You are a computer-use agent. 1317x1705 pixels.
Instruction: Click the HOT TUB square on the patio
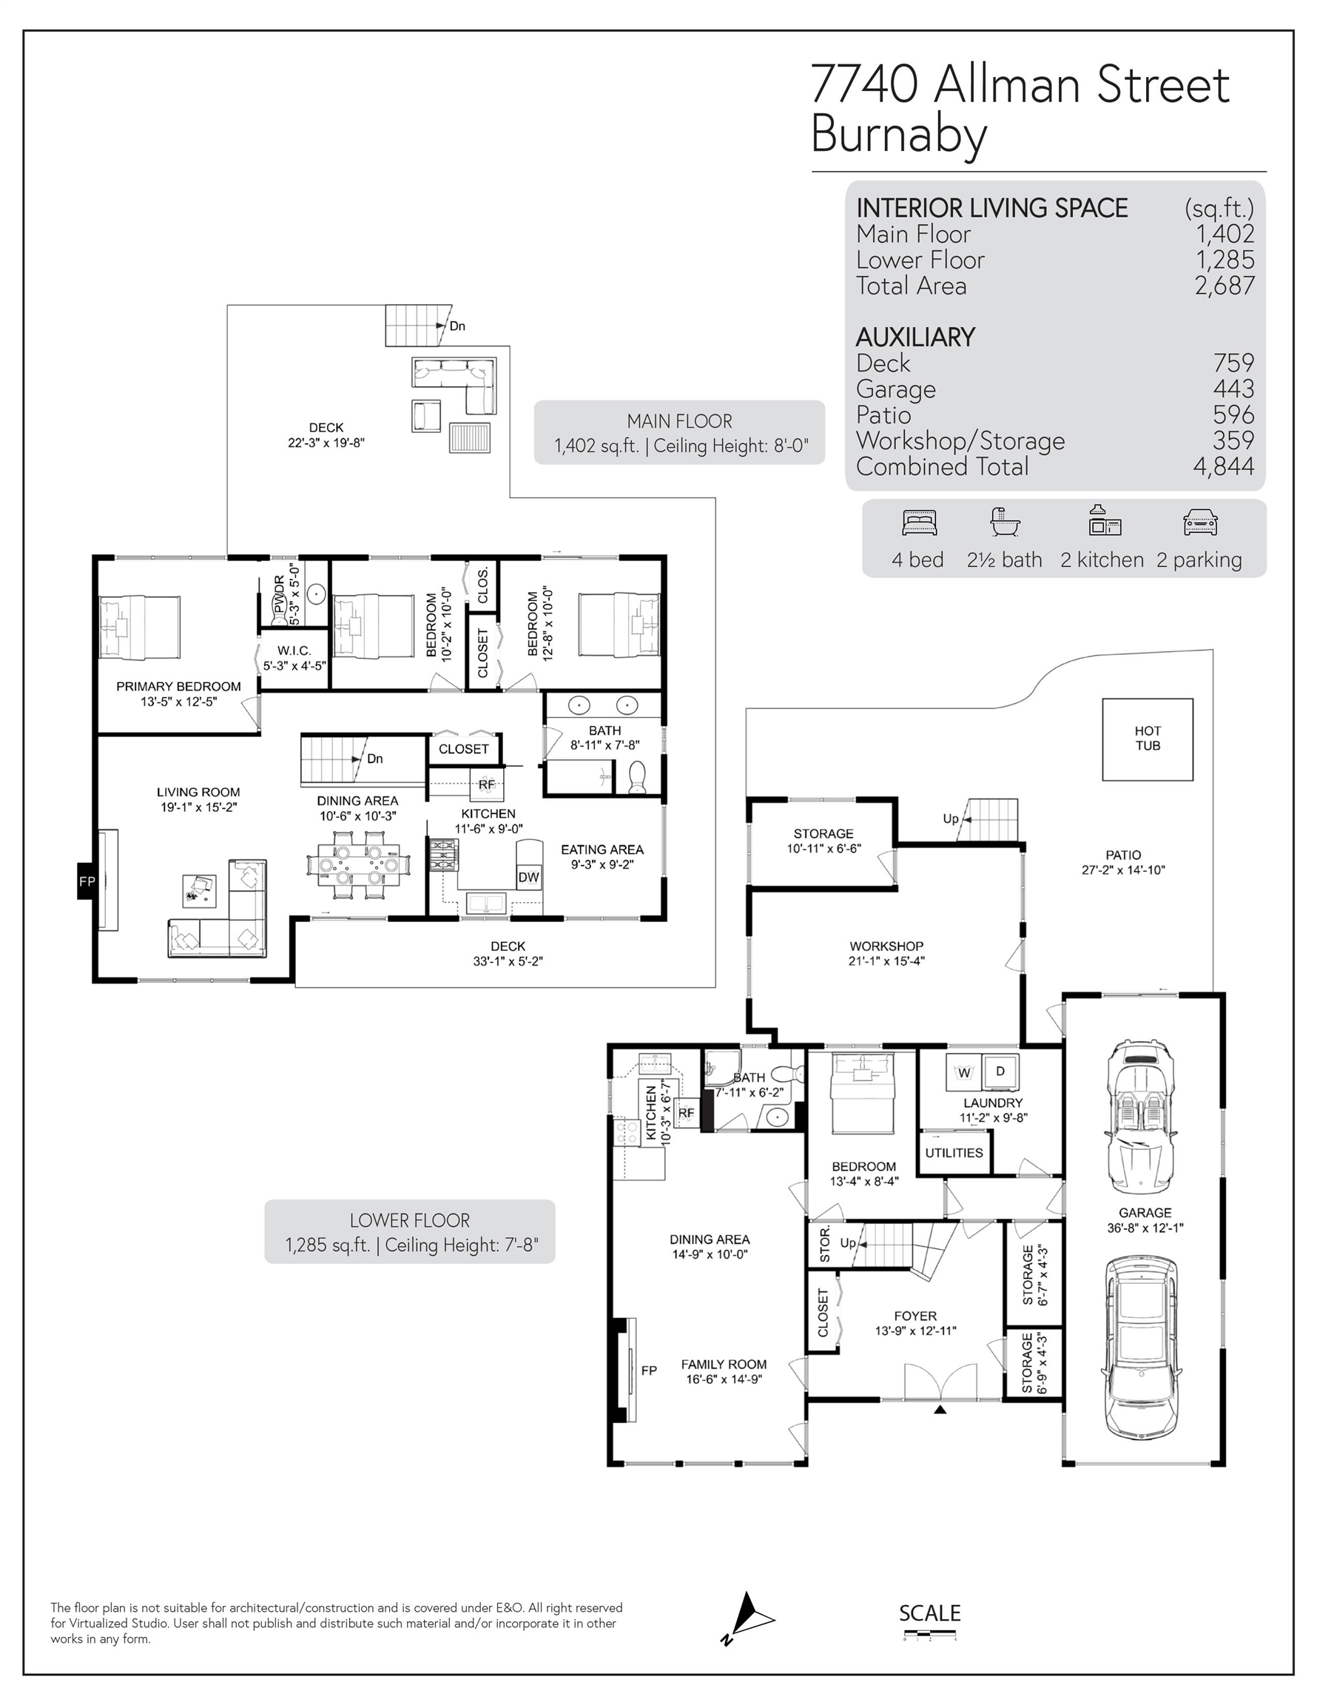[1147, 739]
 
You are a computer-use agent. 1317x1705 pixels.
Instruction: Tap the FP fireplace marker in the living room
[87, 881]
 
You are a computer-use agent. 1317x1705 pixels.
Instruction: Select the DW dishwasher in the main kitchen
[528, 877]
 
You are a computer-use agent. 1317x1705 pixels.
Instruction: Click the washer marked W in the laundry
[963, 1072]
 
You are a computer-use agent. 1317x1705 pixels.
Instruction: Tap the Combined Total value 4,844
[1223, 466]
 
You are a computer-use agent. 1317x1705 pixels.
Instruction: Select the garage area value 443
[1233, 388]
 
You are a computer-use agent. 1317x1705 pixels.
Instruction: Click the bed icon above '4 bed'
[919, 522]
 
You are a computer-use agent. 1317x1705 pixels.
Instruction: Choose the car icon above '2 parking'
[1200, 522]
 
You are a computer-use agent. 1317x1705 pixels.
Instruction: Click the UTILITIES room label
[954, 1152]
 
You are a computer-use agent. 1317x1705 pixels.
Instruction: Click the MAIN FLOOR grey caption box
[679, 432]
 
